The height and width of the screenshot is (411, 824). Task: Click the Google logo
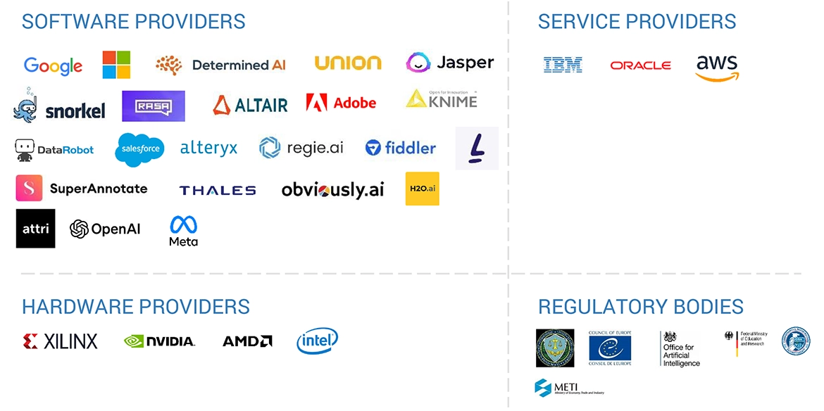(53, 66)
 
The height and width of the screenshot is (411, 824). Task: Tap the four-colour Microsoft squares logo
(116, 65)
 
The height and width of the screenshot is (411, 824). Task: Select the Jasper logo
(450, 63)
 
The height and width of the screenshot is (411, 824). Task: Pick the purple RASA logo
(153, 106)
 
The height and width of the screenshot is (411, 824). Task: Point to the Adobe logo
(341, 103)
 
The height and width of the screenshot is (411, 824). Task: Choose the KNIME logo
(442, 100)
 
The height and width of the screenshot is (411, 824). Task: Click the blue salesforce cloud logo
(139, 148)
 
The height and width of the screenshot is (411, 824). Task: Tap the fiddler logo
(400, 148)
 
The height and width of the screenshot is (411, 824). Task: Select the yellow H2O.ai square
(422, 189)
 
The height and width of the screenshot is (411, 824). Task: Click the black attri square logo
(35, 229)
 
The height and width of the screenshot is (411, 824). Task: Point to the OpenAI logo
(105, 229)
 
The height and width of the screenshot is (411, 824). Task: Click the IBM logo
(563, 65)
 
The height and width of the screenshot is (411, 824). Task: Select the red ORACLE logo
(640, 65)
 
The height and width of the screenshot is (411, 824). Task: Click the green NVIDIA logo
(159, 341)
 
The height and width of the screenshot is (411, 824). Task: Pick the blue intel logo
(317, 341)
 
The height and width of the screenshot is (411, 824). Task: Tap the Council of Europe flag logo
(610, 348)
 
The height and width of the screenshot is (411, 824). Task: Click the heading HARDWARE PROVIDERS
(135, 307)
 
